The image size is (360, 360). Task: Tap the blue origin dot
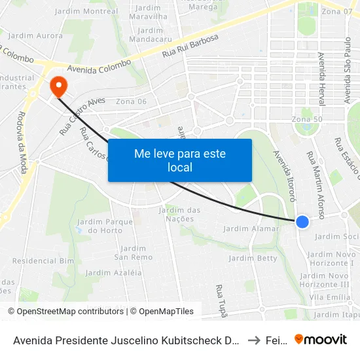point(302,222)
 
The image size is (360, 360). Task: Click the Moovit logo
point(321,339)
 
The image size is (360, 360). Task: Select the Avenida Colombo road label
point(99,66)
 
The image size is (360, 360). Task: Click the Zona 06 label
point(131,101)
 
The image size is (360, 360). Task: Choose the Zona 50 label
point(307,119)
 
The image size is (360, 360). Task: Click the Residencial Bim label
point(43,260)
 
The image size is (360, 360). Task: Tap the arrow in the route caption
point(253,340)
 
